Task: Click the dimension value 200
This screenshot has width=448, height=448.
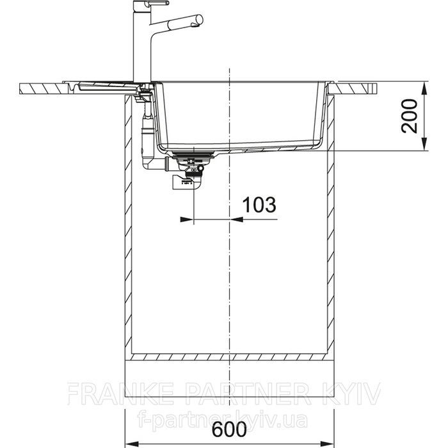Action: (410, 116)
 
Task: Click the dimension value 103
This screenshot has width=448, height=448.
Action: (259, 205)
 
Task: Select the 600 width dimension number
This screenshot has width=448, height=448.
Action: (229, 429)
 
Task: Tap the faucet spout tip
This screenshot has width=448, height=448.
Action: (198, 20)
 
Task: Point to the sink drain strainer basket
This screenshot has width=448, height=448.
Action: (194, 156)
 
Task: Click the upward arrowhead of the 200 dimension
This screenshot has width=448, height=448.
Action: (425, 89)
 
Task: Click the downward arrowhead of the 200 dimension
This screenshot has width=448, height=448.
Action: (425, 144)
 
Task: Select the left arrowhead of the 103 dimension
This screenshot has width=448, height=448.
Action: (187, 220)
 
